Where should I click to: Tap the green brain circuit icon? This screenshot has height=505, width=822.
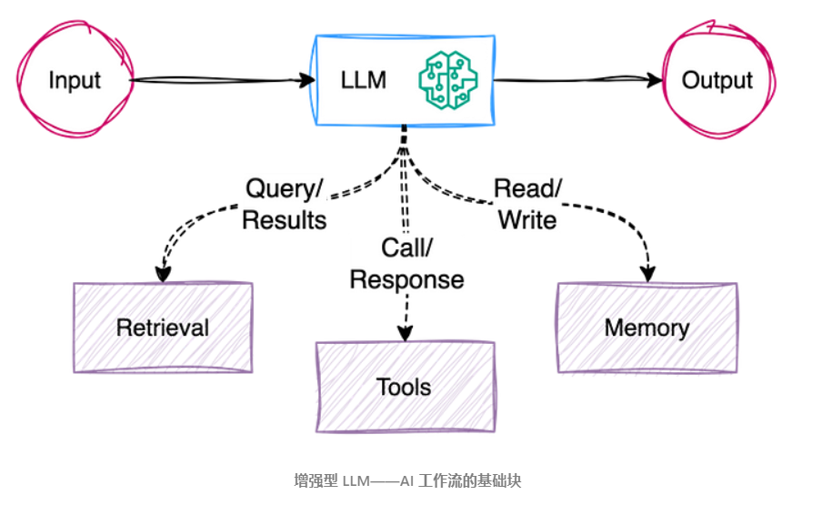(x=448, y=80)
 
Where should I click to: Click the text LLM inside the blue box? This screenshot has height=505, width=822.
(x=364, y=80)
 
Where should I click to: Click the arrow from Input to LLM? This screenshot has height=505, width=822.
(x=223, y=80)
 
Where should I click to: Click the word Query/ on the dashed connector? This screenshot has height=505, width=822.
(x=284, y=188)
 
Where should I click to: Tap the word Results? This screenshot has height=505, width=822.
(x=284, y=219)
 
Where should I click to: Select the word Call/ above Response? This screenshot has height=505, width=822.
(x=406, y=248)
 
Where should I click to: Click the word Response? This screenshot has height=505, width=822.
(x=406, y=279)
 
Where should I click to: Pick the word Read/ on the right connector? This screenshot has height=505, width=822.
(x=527, y=188)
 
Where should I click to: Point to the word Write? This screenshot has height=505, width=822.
(x=527, y=219)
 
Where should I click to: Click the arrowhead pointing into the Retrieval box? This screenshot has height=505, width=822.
(x=163, y=274)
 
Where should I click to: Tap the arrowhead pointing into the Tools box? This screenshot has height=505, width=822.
(x=406, y=333)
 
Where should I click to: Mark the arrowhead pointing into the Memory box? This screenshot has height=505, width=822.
(x=648, y=274)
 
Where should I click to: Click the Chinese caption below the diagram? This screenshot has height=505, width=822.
(x=407, y=480)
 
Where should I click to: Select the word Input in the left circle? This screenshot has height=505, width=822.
(x=75, y=81)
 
